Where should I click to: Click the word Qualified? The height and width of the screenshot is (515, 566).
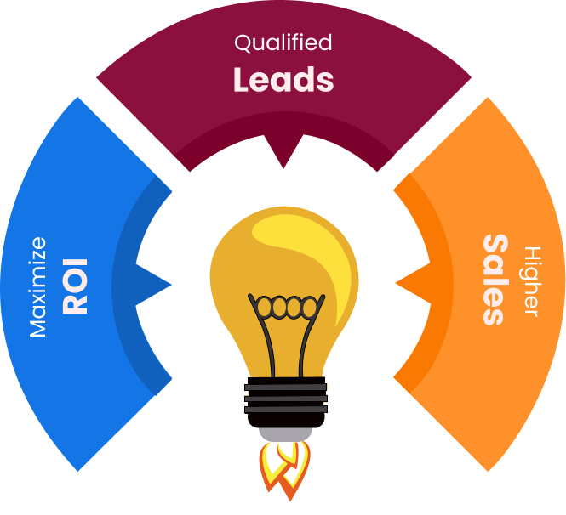pyautogui.click(x=283, y=42)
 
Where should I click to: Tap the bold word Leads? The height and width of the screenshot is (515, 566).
pyautogui.click(x=283, y=79)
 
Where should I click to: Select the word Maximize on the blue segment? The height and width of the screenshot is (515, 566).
pyautogui.click(x=38, y=287)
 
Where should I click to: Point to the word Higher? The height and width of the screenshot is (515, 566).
pyautogui.click(x=532, y=281)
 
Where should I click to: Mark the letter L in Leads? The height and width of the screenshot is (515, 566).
pyautogui.click(x=242, y=79)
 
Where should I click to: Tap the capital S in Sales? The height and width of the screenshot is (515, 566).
pyautogui.click(x=495, y=246)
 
